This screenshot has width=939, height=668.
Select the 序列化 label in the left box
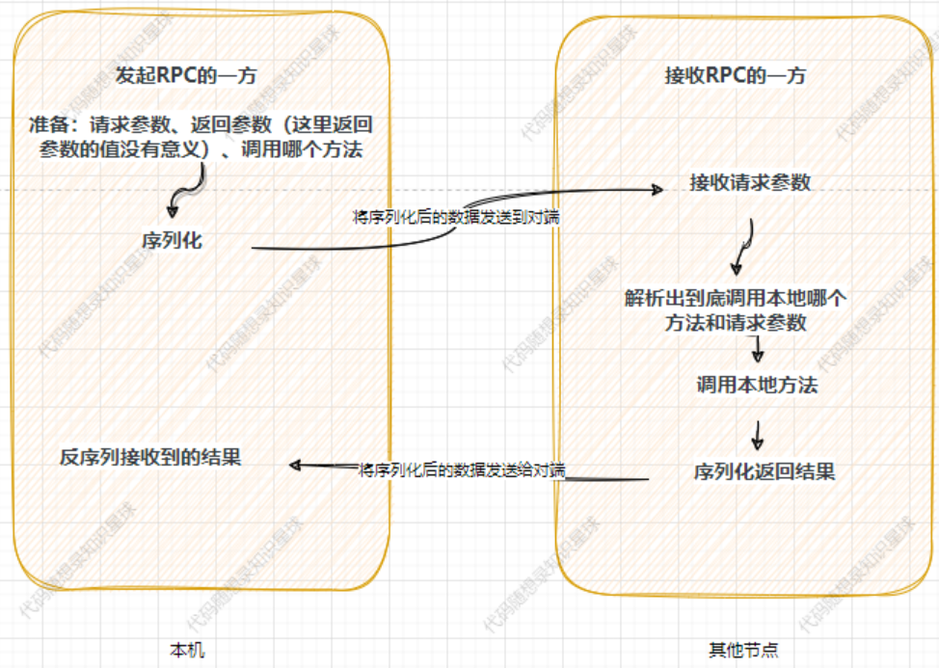click(172, 241)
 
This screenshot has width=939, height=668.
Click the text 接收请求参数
click(750, 182)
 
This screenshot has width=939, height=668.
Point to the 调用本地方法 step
click(757, 385)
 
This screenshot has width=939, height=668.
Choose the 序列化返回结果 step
click(764, 471)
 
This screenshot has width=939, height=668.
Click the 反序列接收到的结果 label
click(150, 458)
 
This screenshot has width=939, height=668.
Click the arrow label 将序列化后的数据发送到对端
click(457, 218)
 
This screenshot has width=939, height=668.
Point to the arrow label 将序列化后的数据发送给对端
click(461, 470)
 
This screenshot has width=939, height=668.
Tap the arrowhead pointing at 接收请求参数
click(657, 188)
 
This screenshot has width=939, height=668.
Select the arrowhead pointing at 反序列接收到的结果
click(296, 466)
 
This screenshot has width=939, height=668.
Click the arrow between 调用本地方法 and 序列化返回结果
click(758, 436)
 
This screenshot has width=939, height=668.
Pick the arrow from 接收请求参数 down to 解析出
click(744, 247)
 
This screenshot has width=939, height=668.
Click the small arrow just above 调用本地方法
click(758, 349)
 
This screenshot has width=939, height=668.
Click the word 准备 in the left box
click(45, 125)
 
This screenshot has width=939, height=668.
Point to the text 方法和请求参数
click(735, 324)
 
